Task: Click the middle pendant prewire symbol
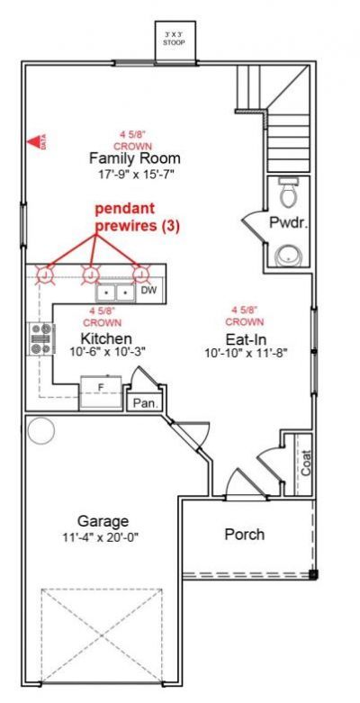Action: point(90,275)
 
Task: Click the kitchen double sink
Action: point(116,292)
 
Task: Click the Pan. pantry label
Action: point(145,404)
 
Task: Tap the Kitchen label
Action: point(107,338)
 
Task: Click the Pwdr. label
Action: point(288,224)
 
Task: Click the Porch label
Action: point(244,534)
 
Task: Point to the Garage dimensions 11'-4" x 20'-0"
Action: point(102,536)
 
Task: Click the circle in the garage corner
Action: point(41,431)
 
